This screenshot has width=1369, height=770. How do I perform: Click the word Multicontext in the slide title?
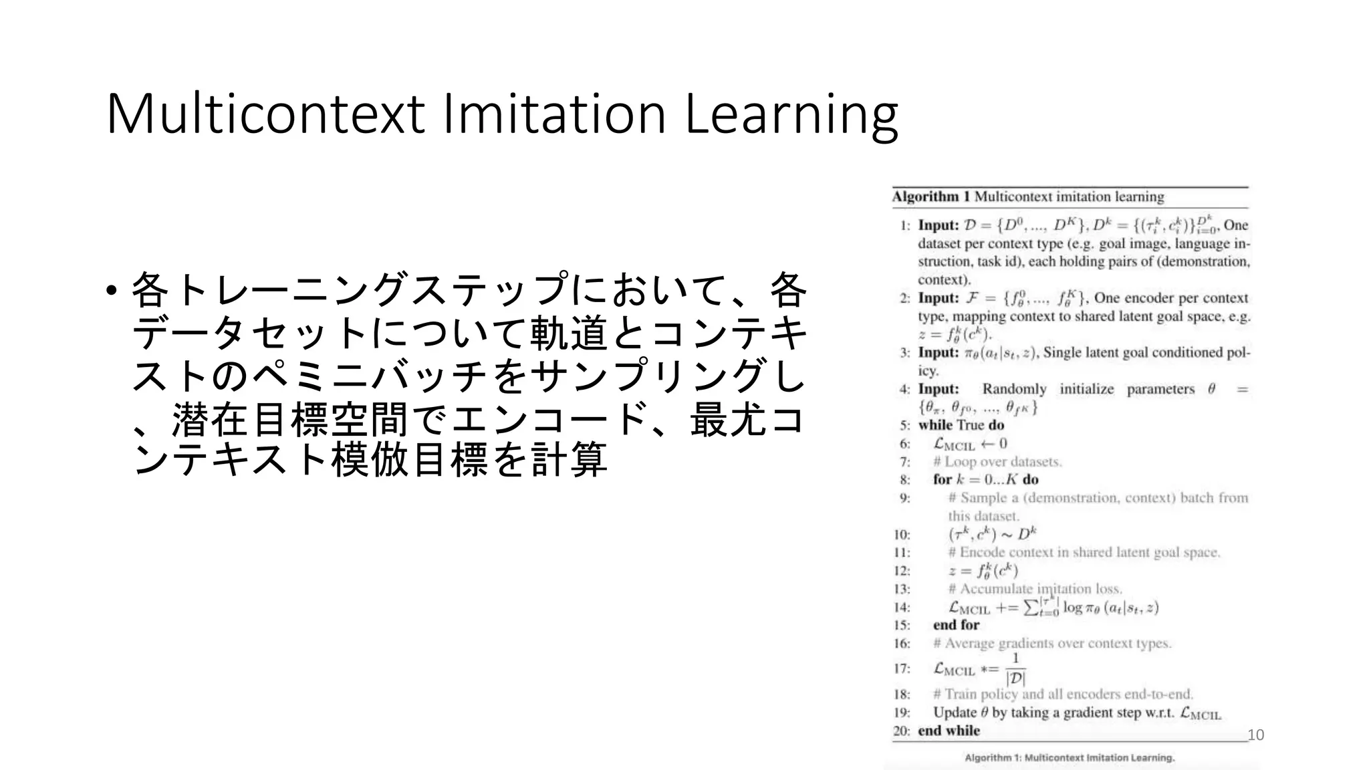pyautogui.click(x=265, y=114)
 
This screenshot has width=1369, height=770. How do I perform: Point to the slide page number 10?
pyautogui.click(x=1256, y=735)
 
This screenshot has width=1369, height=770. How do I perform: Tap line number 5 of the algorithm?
pyautogui.click(x=904, y=425)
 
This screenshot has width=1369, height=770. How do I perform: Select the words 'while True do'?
pyautogui.click(x=961, y=425)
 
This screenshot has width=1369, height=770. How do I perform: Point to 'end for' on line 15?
pyautogui.click(x=956, y=625)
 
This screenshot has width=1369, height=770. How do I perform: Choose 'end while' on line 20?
pyautogui.click(x=949, y=731)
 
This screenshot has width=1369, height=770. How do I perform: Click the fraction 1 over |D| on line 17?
pyautogui.click(x=1015, y=668)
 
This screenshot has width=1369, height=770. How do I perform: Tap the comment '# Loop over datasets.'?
pyautogui.click(x=997, y=461)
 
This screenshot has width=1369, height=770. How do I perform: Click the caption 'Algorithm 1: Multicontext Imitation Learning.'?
pyautogui.click(x=1070, y=758)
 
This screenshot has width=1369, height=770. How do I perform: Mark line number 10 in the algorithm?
pyautogui.click(x=902, y=534)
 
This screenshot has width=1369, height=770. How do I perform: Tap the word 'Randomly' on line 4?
pyautogui.click(x=1014, y=389)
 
